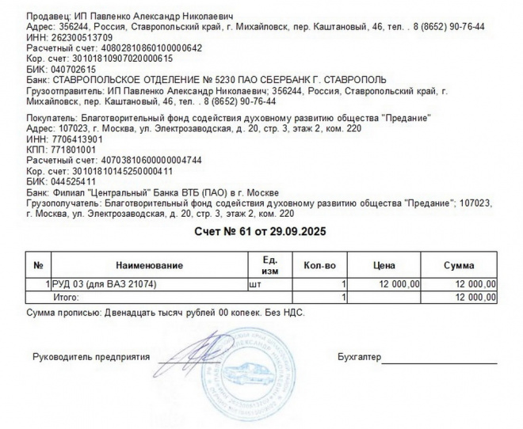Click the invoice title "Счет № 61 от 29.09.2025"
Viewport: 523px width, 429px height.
(x=261, y=231)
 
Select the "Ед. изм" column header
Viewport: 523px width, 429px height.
(x=269, y=265)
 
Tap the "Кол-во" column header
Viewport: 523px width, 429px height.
(x=320, y=265)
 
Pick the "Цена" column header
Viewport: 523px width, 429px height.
(x=384, y=265)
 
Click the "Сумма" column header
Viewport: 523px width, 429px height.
(x=459, y=265)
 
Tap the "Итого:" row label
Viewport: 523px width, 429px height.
(x=66, y=297)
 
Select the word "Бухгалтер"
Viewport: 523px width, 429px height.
(x=358, y=357)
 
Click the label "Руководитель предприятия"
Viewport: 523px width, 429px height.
(x=91, y=357)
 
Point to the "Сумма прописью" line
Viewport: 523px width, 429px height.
(x=165, y=313)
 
